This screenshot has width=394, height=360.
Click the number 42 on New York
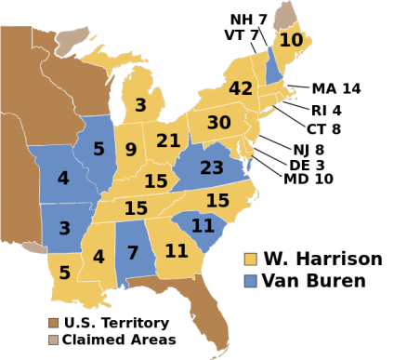pyautogui.click(x=240, y=89)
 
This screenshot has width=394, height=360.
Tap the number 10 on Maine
pyautogui.click(x=291, y=40)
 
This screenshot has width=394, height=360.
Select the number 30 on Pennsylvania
pyautogui.click(x=218, y=123)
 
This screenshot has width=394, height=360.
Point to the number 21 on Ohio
pyautogui.click(x=168, y=140)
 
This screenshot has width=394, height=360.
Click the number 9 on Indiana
pyautogui.click(x=131, y=149)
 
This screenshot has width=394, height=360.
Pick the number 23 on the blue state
pyautogui.click(x=211, y=168)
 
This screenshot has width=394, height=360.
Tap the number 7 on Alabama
pyautogui.click(x=133, y=253)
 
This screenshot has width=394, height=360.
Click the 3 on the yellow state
pyautogui.click(x=140, y=105)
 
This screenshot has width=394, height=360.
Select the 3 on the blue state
pyautogui.click(x=64, y=228)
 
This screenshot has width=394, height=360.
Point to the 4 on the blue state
pyautogui.click(x=63, y=178)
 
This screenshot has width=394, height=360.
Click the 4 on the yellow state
pyautogui.click(x=98, y=257)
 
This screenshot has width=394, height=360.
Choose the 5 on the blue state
pyautogui.click(x=98, y=149)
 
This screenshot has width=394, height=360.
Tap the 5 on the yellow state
pyautogui.click(x=64, y=273)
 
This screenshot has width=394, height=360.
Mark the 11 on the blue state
pyautogui.click(x=203, y=225)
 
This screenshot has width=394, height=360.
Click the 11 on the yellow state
pyautogui.click(x=177, y=251)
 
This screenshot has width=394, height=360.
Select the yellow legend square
pyautogui.click(x=250, y=259)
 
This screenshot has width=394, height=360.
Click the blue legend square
pyautogui.click(x=250, y=280)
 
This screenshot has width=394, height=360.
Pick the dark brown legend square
pyautogui.click(x=53, y=323)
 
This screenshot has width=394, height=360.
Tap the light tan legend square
pyautogui.click(x=53, y=340)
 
